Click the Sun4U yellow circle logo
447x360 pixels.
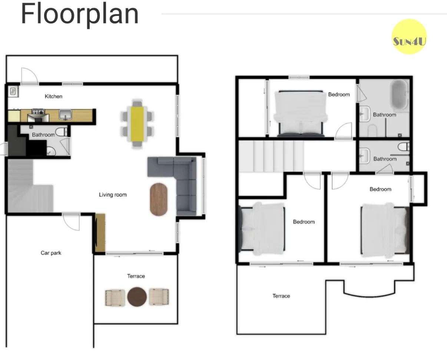click(409, 37)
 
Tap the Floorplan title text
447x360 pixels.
click(80, 14)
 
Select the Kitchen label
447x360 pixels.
click(54, 96)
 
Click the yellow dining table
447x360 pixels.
click(137, 124)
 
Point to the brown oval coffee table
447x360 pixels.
click(159, 199)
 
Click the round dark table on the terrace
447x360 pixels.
click(137, 297)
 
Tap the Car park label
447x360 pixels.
click(51, 253)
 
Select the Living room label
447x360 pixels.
click(113, 195)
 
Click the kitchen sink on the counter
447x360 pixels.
click(66, 115)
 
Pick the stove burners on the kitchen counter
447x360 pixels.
click(38, 112)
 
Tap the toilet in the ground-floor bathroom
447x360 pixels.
click(62, 132)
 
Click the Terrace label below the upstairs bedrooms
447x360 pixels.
click(281, 296)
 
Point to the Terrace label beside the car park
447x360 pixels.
click(136, 276)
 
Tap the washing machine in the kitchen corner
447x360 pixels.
click(13, 92)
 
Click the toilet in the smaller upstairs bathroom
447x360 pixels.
click(404, 146)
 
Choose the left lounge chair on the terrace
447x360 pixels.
click(115, 298)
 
